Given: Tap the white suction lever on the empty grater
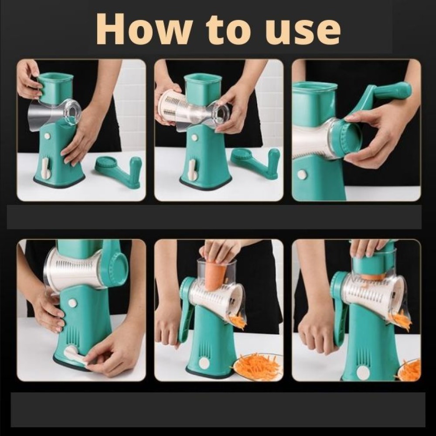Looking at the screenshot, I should [46, 168].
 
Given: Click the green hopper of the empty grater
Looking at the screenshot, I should [56, 87].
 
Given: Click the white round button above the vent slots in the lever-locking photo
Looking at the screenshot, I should [72, 303].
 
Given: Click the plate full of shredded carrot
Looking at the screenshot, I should [258, 366].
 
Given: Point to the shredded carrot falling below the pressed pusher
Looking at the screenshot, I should [401, 320].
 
